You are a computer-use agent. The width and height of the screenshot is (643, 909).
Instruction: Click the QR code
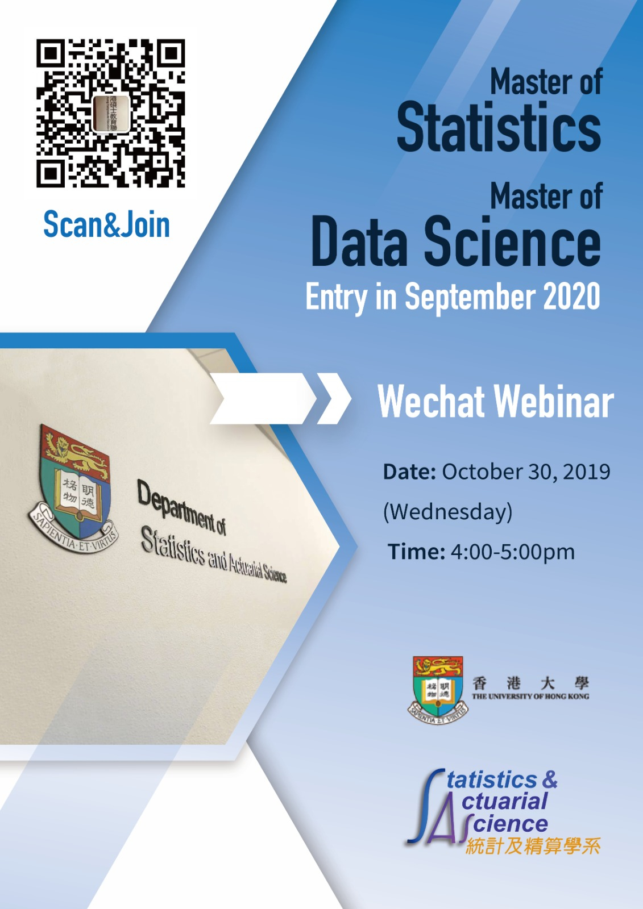[110, 113]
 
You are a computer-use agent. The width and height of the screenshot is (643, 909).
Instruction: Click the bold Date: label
[409, 472]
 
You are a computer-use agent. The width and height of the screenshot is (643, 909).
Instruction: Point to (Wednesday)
[447, 512]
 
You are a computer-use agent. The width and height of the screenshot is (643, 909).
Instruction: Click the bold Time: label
[416, 552]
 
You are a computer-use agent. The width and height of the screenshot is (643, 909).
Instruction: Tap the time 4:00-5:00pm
[513, 552]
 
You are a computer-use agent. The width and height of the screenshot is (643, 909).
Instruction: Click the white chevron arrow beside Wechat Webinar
[334, 398]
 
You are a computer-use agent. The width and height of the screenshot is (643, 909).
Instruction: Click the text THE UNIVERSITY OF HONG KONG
[530, 697]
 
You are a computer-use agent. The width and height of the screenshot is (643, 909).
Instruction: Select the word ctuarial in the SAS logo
[504, 800]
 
